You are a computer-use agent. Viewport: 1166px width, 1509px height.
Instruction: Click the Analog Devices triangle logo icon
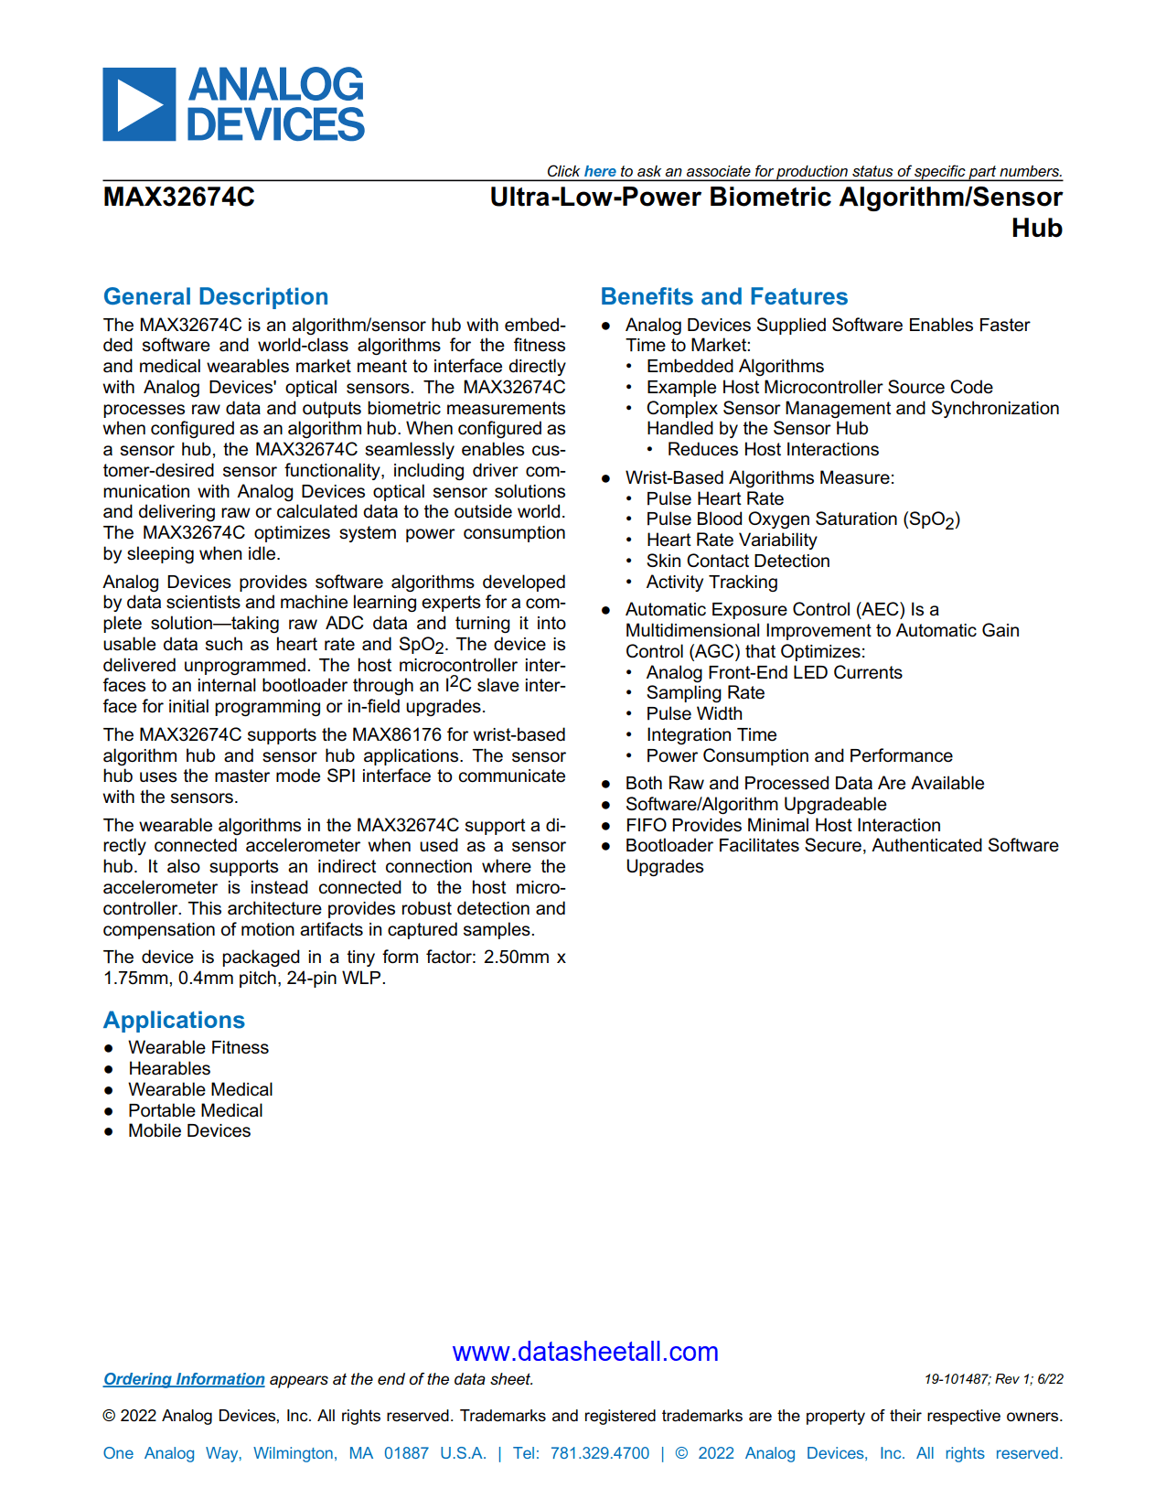tap(139, 104)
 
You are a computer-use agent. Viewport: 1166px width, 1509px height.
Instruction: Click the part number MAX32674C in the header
tap(179, 198)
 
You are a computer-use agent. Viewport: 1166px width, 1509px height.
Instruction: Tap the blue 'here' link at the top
tap(600, 171)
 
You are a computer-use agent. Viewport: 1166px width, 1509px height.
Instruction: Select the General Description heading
tap(216, 296)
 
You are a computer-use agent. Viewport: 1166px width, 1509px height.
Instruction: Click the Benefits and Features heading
tap(723, 296)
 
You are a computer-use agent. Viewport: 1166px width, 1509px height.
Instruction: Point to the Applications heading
tap(174, 1020)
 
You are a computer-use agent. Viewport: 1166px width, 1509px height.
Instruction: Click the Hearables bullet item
tap(169, 1068)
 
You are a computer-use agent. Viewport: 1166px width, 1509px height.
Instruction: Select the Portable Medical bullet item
tap(195, 1110)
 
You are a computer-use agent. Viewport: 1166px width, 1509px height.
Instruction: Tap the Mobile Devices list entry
tap(189, 1131)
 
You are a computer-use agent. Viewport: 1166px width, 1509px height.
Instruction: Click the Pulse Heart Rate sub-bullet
tap(714, 498)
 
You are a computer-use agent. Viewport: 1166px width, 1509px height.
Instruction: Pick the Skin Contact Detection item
tap(737, 561)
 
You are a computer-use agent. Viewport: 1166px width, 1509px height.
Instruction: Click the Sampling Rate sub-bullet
tap(705, 692)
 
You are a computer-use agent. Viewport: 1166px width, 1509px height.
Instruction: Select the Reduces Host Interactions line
tap(773, 449)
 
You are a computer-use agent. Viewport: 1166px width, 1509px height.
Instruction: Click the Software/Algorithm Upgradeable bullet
tap(755, 804)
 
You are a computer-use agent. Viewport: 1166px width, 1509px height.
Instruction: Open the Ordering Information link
tap(184, 1379)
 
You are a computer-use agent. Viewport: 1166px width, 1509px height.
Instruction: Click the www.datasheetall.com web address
tap(585, 1352)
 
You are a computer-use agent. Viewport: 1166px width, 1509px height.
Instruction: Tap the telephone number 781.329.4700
tap(599, 1453)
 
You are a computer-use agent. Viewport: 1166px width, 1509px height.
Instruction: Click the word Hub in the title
tap(1036, 228)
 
